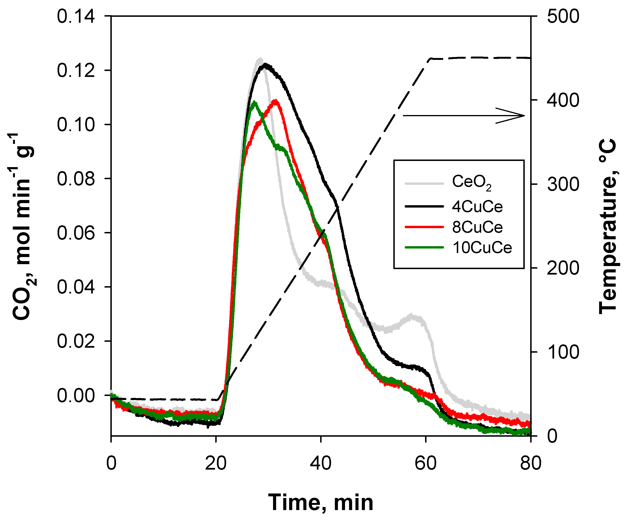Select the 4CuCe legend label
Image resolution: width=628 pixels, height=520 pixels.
477,207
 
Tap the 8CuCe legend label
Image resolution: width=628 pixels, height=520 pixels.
477,227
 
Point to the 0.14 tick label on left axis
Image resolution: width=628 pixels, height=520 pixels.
76,16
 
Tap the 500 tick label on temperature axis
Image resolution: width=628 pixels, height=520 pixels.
563,16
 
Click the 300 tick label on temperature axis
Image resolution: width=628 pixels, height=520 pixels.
563,184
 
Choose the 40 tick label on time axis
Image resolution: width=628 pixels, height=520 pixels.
321,463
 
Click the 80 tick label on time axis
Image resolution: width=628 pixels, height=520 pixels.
530,463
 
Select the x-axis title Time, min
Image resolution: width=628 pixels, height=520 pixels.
321,503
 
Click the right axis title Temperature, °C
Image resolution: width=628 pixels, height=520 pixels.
608,226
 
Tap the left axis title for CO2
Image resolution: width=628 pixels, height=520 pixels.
22,226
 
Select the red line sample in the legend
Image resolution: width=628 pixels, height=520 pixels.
424,227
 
